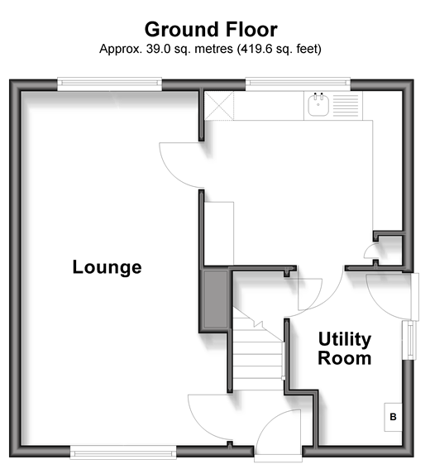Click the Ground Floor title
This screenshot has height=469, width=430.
[211, 30]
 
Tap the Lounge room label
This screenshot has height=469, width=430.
[107, 267]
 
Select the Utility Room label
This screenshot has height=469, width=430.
[345, 348]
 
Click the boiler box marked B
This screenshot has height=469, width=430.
[393, 417]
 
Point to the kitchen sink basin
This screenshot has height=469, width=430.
[318, 105]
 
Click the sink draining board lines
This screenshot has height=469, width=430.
[346, 106]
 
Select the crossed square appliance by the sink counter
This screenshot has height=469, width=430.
[219, 106]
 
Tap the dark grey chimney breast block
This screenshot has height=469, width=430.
[215, 299]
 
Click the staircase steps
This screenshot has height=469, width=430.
[258, 353]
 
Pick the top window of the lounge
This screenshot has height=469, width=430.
[109, 84]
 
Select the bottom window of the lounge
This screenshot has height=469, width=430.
[123, 452]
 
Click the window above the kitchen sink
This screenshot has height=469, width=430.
[298, 84]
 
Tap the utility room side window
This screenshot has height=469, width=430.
[409, 340]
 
